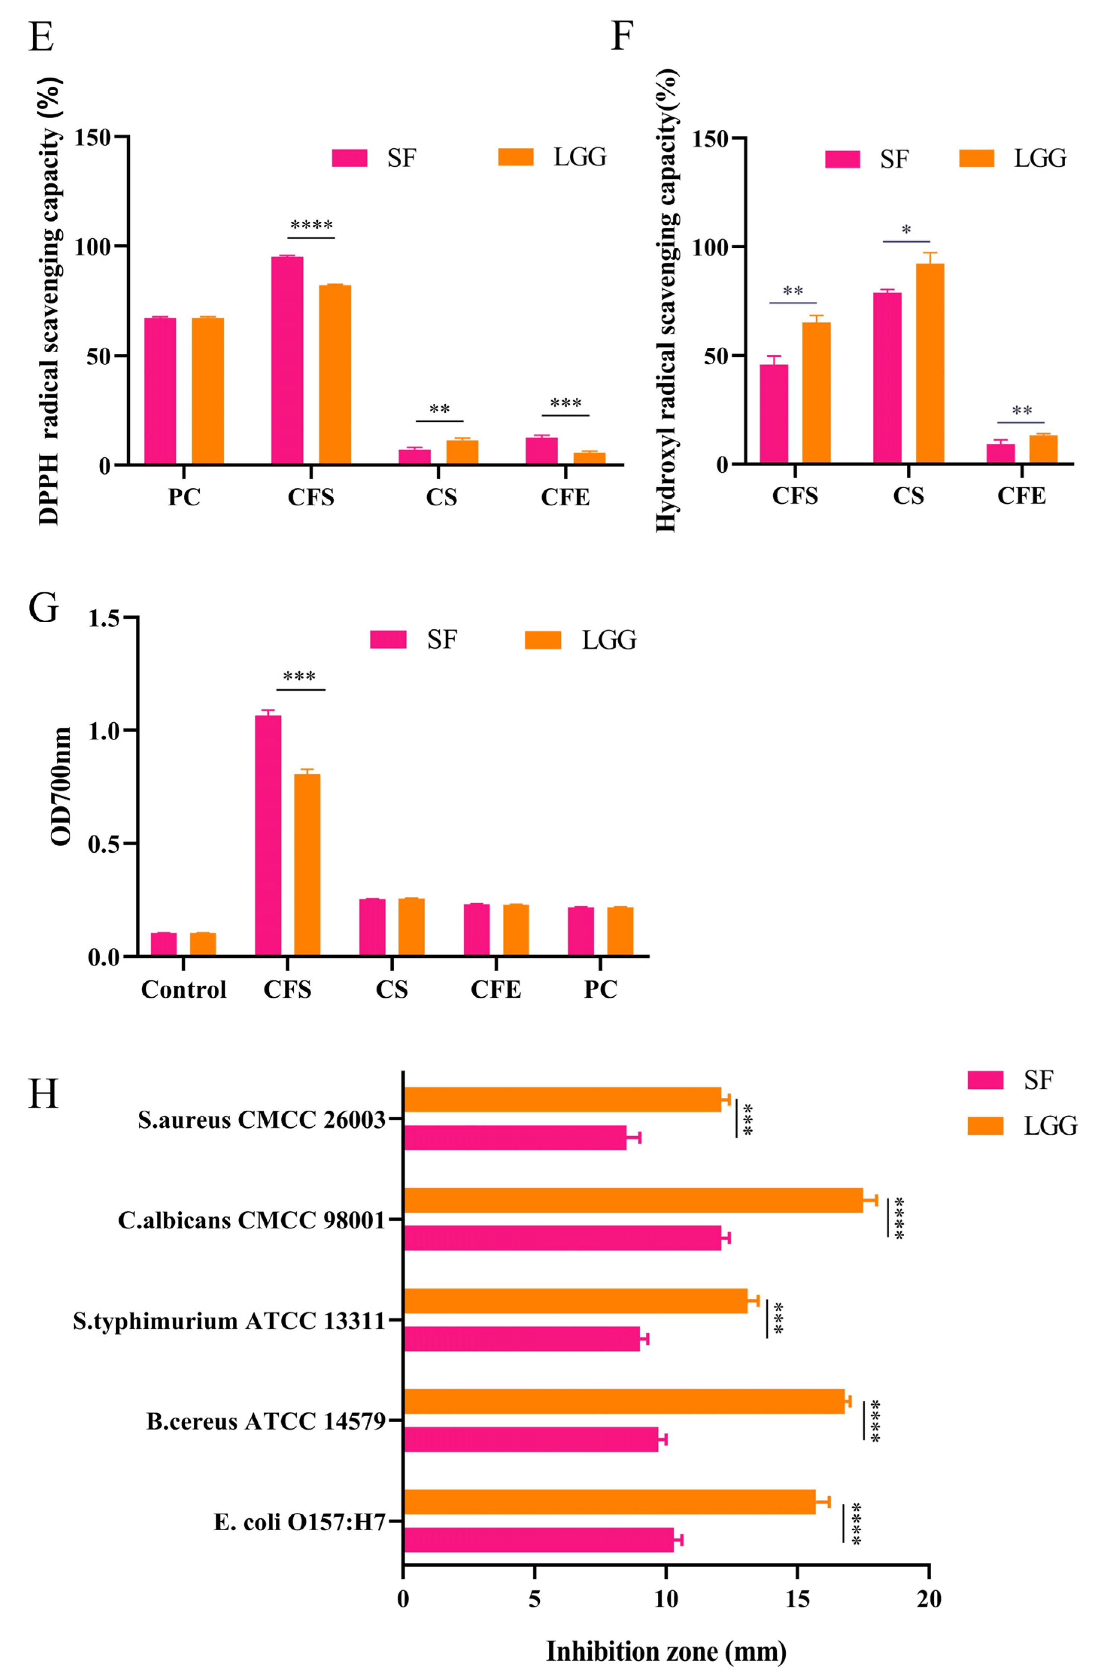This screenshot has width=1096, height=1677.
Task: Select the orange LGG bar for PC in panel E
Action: point(208,391)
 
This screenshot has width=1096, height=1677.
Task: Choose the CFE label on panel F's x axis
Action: point(1021,496)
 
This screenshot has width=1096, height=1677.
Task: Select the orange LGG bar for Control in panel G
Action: point(203,944)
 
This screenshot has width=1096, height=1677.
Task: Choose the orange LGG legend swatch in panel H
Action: point(985,1125)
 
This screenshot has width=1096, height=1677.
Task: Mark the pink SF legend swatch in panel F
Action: point(842,159)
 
